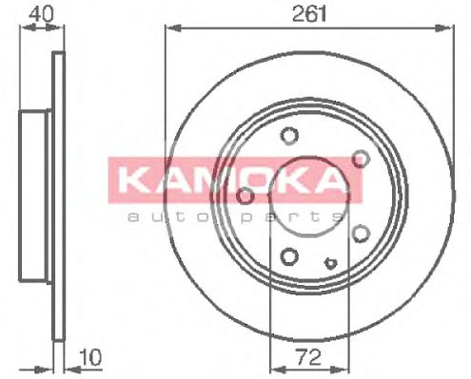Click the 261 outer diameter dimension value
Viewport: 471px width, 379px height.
click(x=305, y=13)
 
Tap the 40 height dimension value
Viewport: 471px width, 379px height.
click(x=40, y=13)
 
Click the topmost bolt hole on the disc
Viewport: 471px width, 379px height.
click(x=291, y=135)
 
